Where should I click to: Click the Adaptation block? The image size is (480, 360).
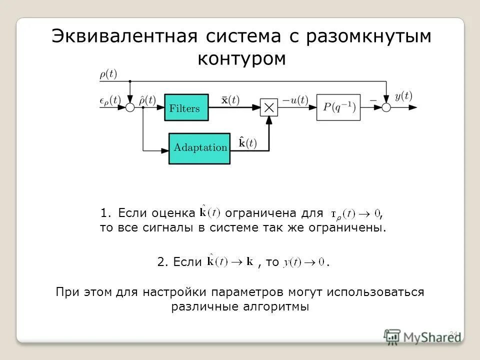click(x=199, y=148)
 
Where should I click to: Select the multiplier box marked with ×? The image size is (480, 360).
click(x=269, y=107)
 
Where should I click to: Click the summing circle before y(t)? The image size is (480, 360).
click(x=386, y=107)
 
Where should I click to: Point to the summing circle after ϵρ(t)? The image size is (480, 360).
click(x=130, y=107)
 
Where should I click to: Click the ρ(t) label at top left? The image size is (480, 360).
click(x=108, y=74)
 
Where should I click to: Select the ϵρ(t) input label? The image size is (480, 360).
click(x=110, y=99)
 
